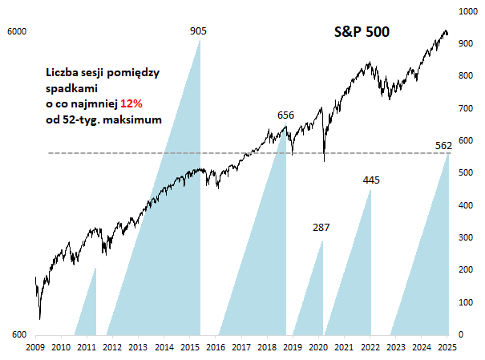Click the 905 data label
(x=199, y=31)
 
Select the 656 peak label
(x=285, y=115)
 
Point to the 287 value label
(x=321, y=229)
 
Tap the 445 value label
(x=370, y=180)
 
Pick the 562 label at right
(x=443, y=145)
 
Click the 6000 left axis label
(x=17, y=31)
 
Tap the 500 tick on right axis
(x=463, y=173)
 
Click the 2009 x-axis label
(x=34, y=347)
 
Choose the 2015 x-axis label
(x=189, y=347)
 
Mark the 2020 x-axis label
(x=318, y=347)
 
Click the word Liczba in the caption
(x=63, y=73)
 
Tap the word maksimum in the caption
(x=133, y=119)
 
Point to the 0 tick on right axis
(x=459, y=334)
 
